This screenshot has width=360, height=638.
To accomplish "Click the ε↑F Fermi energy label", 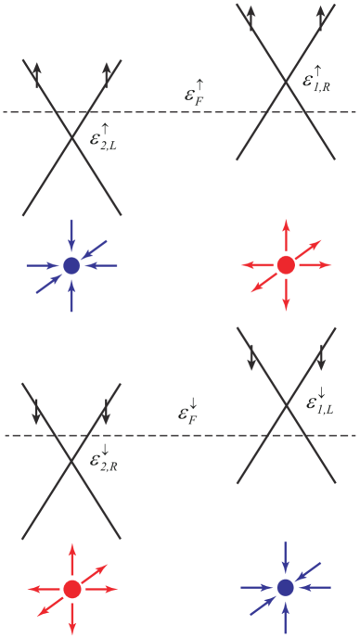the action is point(195,95).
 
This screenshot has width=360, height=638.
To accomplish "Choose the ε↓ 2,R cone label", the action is point(102,456).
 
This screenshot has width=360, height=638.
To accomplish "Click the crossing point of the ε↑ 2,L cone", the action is point(72,138).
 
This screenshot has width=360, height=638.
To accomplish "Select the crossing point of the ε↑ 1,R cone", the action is point(285,82).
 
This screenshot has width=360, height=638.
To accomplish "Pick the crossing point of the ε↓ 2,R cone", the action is point(72,460).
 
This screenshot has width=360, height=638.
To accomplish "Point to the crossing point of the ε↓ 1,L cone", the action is point(286,405).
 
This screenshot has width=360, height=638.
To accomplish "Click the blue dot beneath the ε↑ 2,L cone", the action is point(72,265).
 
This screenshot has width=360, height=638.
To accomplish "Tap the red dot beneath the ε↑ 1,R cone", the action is point(286,265).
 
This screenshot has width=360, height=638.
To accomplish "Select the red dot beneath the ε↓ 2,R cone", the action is point(72,588).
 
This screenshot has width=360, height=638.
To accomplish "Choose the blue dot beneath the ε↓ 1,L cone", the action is point(286,588).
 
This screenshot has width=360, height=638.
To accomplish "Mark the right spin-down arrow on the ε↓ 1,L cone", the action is point(321,356).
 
